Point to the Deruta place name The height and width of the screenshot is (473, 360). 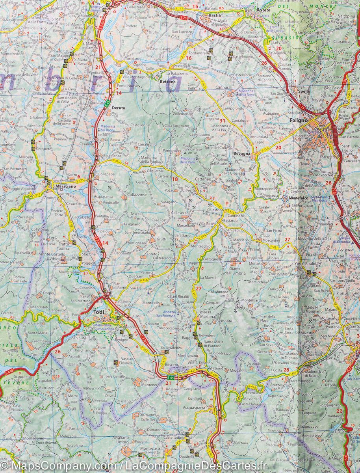click(118, 108)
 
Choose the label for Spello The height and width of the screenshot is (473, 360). click(304, 91)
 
